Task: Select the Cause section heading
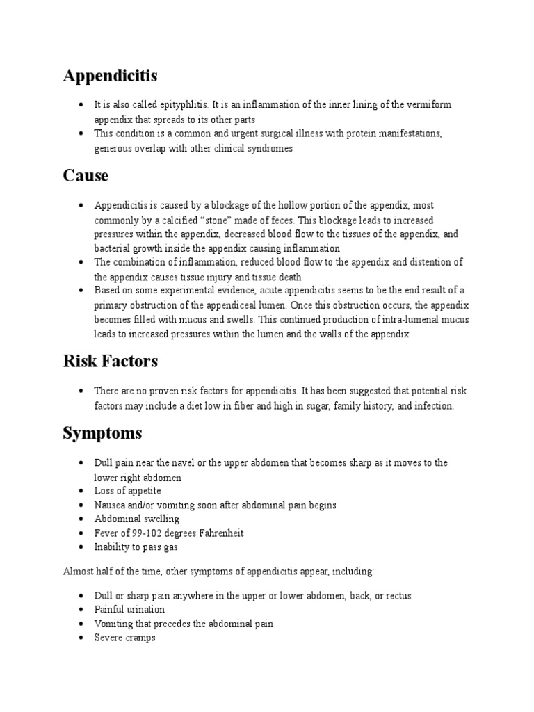pyautogui.click(x=86, y=176)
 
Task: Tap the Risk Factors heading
pyautogui.click(x=110, y=362)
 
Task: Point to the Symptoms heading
pyautogui.click(x=102, y=433)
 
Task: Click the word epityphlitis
pyautogui.click(x=181, y=104)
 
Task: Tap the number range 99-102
pyautogui.click(x=144, y=533)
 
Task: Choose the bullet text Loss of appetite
pyautogui.click(x=128, y=491)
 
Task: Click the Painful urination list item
pyautogui.click(x=130, y=610)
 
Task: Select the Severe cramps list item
pyautogui.click(x=125, y=638)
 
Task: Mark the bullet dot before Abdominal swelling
pyautogui.click(x=82, y=519)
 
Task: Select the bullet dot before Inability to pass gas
pyautogui.click(x=82, y=547)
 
